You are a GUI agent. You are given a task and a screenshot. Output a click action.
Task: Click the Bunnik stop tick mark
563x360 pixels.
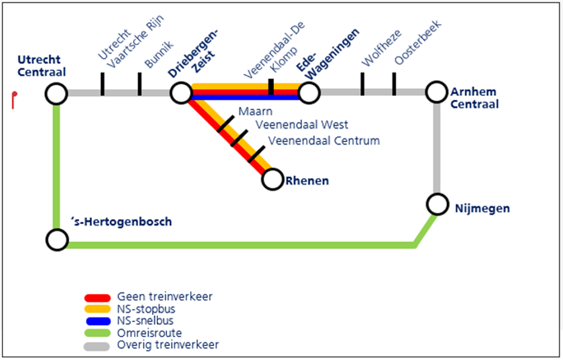point(139,84)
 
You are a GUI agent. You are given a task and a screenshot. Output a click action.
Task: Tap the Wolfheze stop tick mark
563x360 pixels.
point(363,84)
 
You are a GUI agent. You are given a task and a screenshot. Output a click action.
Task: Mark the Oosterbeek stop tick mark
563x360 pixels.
point(394,84)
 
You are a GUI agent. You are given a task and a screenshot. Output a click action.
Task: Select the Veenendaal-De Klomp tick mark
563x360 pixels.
point(271,87)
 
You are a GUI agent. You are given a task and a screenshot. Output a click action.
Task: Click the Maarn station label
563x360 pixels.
point(255,111)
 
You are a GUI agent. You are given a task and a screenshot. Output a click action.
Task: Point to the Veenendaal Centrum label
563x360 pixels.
point(324,140)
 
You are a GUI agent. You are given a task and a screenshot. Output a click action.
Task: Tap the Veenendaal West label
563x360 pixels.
point(302,124)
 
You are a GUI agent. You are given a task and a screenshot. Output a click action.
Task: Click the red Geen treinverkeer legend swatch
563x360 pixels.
point(97,297)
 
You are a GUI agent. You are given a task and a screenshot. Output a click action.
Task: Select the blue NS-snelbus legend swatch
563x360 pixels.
point(98,321)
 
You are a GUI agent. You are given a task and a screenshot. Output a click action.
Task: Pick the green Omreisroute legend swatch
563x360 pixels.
point(97,333)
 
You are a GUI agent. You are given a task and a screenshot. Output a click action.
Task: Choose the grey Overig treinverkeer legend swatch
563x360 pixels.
point(97,347)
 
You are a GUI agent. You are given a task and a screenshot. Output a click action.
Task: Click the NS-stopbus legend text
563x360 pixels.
point(146,309)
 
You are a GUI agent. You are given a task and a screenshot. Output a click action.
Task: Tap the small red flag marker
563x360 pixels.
point(14,100)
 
